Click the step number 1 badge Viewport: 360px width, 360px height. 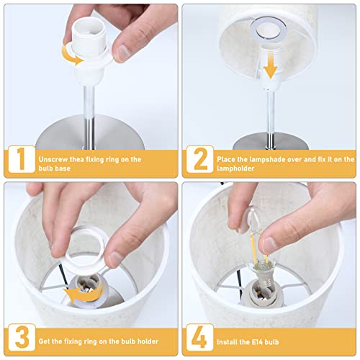click(x=22, y=159)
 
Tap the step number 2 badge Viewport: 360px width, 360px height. click(x=200, y=159)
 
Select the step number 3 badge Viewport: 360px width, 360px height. click(x=22, y=337)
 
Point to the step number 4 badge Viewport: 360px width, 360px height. click(x=200, y=337)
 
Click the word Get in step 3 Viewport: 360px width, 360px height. click(x=45, y=341)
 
